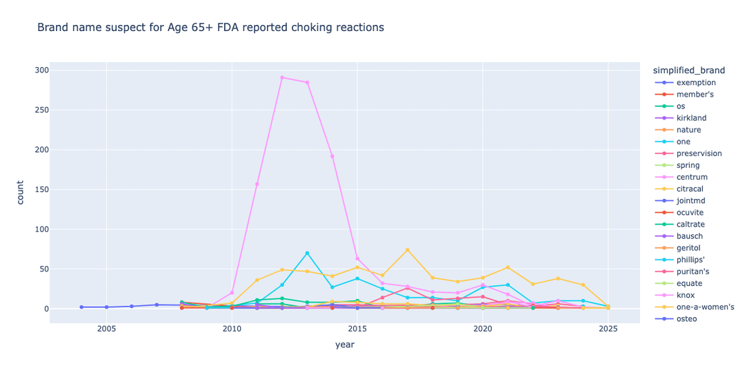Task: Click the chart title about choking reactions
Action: coord(210,28)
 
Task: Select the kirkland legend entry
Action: coord(691,118)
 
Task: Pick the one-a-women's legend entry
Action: coord(705,307)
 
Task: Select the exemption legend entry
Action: coord(696,83)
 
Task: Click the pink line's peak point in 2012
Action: coord(282,77)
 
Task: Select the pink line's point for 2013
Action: coord(307,82)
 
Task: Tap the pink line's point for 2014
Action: coord(332,156)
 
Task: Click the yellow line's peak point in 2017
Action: coord(408,250)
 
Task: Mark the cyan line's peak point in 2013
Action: coord(307,253)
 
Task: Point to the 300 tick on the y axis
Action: coord(41,70)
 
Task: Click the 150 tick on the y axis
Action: coord(41,189)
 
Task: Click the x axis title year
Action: coord(345,345)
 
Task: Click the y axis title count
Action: coord(20,192)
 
